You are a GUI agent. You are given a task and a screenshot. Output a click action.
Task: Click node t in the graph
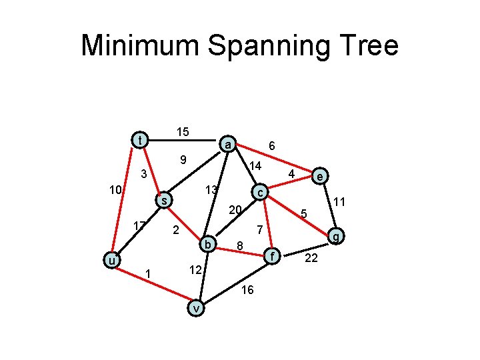(139, 140)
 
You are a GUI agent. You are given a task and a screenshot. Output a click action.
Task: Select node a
(228, 145)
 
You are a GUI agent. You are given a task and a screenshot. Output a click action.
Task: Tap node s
(163, 200)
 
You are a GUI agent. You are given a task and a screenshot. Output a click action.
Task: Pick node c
(261, 192)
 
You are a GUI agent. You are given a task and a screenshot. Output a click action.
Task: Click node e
(321, 177)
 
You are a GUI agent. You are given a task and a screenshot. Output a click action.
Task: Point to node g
(337, 235)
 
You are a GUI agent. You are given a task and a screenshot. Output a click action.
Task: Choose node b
(208, 245)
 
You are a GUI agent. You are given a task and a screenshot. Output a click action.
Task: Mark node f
(270, 255)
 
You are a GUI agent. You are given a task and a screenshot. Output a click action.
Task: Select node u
(113, 259)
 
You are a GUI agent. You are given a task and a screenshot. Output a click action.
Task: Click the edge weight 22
(311, 258)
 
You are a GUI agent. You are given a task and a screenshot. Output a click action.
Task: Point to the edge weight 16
(247, 289)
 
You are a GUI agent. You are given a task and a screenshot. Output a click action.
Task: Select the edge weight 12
(195, 270)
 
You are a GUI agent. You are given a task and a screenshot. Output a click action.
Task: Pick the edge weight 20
(234, 210)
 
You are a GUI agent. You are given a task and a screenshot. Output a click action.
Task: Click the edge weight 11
(339, 201)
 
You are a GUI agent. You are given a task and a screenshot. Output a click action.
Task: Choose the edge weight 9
(181, 160)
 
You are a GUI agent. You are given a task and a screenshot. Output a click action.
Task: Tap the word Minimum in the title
(139, 46)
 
